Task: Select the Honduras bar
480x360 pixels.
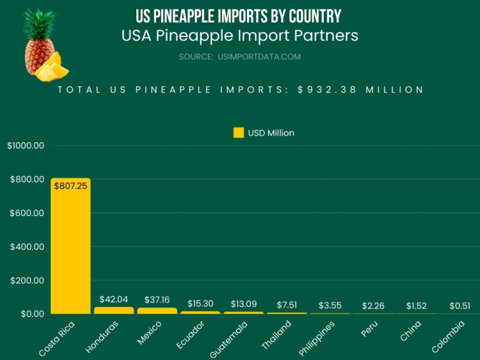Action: tap(114, 310)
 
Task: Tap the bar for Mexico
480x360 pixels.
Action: tap(157, 311)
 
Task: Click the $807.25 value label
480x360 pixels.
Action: tap(70, 186)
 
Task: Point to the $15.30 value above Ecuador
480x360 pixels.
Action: tap(200, 303)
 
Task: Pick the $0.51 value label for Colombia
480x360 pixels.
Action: tap(460, 306)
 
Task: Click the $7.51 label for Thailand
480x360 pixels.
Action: tap(287, 304)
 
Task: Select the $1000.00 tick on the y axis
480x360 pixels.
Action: tap(26, 145)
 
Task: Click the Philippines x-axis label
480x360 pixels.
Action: tap(317, 338)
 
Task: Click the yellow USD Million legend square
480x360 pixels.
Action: tap(238, 133)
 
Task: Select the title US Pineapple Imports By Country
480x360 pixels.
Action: tap(239, 15)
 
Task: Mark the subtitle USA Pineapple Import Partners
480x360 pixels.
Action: tap(239, 35)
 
